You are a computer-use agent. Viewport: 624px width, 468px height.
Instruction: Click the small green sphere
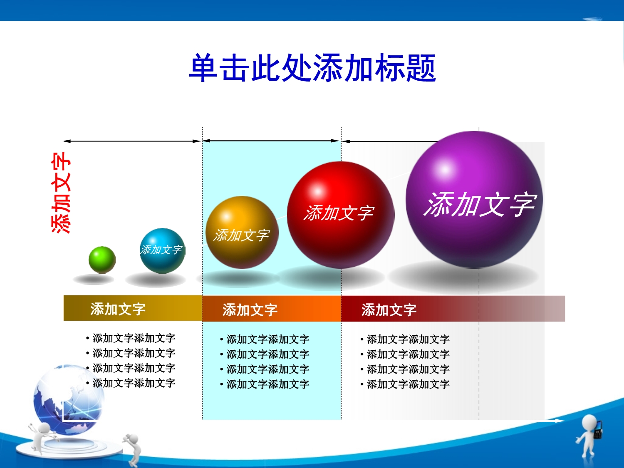102,260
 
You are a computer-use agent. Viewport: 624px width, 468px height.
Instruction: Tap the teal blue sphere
162,250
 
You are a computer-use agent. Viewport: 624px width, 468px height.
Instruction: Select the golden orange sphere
242,232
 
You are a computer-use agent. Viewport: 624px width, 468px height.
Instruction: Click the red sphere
341,215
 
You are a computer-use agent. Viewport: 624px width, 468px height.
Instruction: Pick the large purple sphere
474,200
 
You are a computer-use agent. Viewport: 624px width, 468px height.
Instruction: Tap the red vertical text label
61,193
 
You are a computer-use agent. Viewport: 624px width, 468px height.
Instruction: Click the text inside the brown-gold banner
118,309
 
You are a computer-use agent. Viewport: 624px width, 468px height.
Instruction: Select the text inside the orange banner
250,310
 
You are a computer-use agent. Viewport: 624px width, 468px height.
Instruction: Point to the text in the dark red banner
389,310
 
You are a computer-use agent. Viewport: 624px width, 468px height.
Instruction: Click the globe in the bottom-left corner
69,400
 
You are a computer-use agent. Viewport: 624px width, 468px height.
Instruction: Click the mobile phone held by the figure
598,429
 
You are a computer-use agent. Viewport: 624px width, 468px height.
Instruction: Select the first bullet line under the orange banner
265,339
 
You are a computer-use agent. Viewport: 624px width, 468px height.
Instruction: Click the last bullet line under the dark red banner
405,384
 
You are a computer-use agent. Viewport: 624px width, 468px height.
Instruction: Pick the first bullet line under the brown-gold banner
131,338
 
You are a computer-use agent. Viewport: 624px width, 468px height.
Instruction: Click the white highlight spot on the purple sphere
445,170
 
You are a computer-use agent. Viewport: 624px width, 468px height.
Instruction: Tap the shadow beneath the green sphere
94,279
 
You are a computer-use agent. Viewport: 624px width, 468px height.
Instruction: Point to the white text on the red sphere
339,213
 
